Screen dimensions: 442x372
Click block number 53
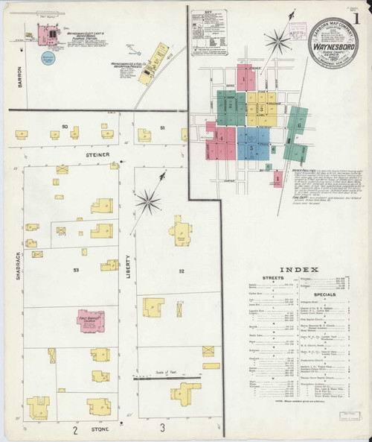point(76,269)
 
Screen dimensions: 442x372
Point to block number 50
point(65,127)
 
